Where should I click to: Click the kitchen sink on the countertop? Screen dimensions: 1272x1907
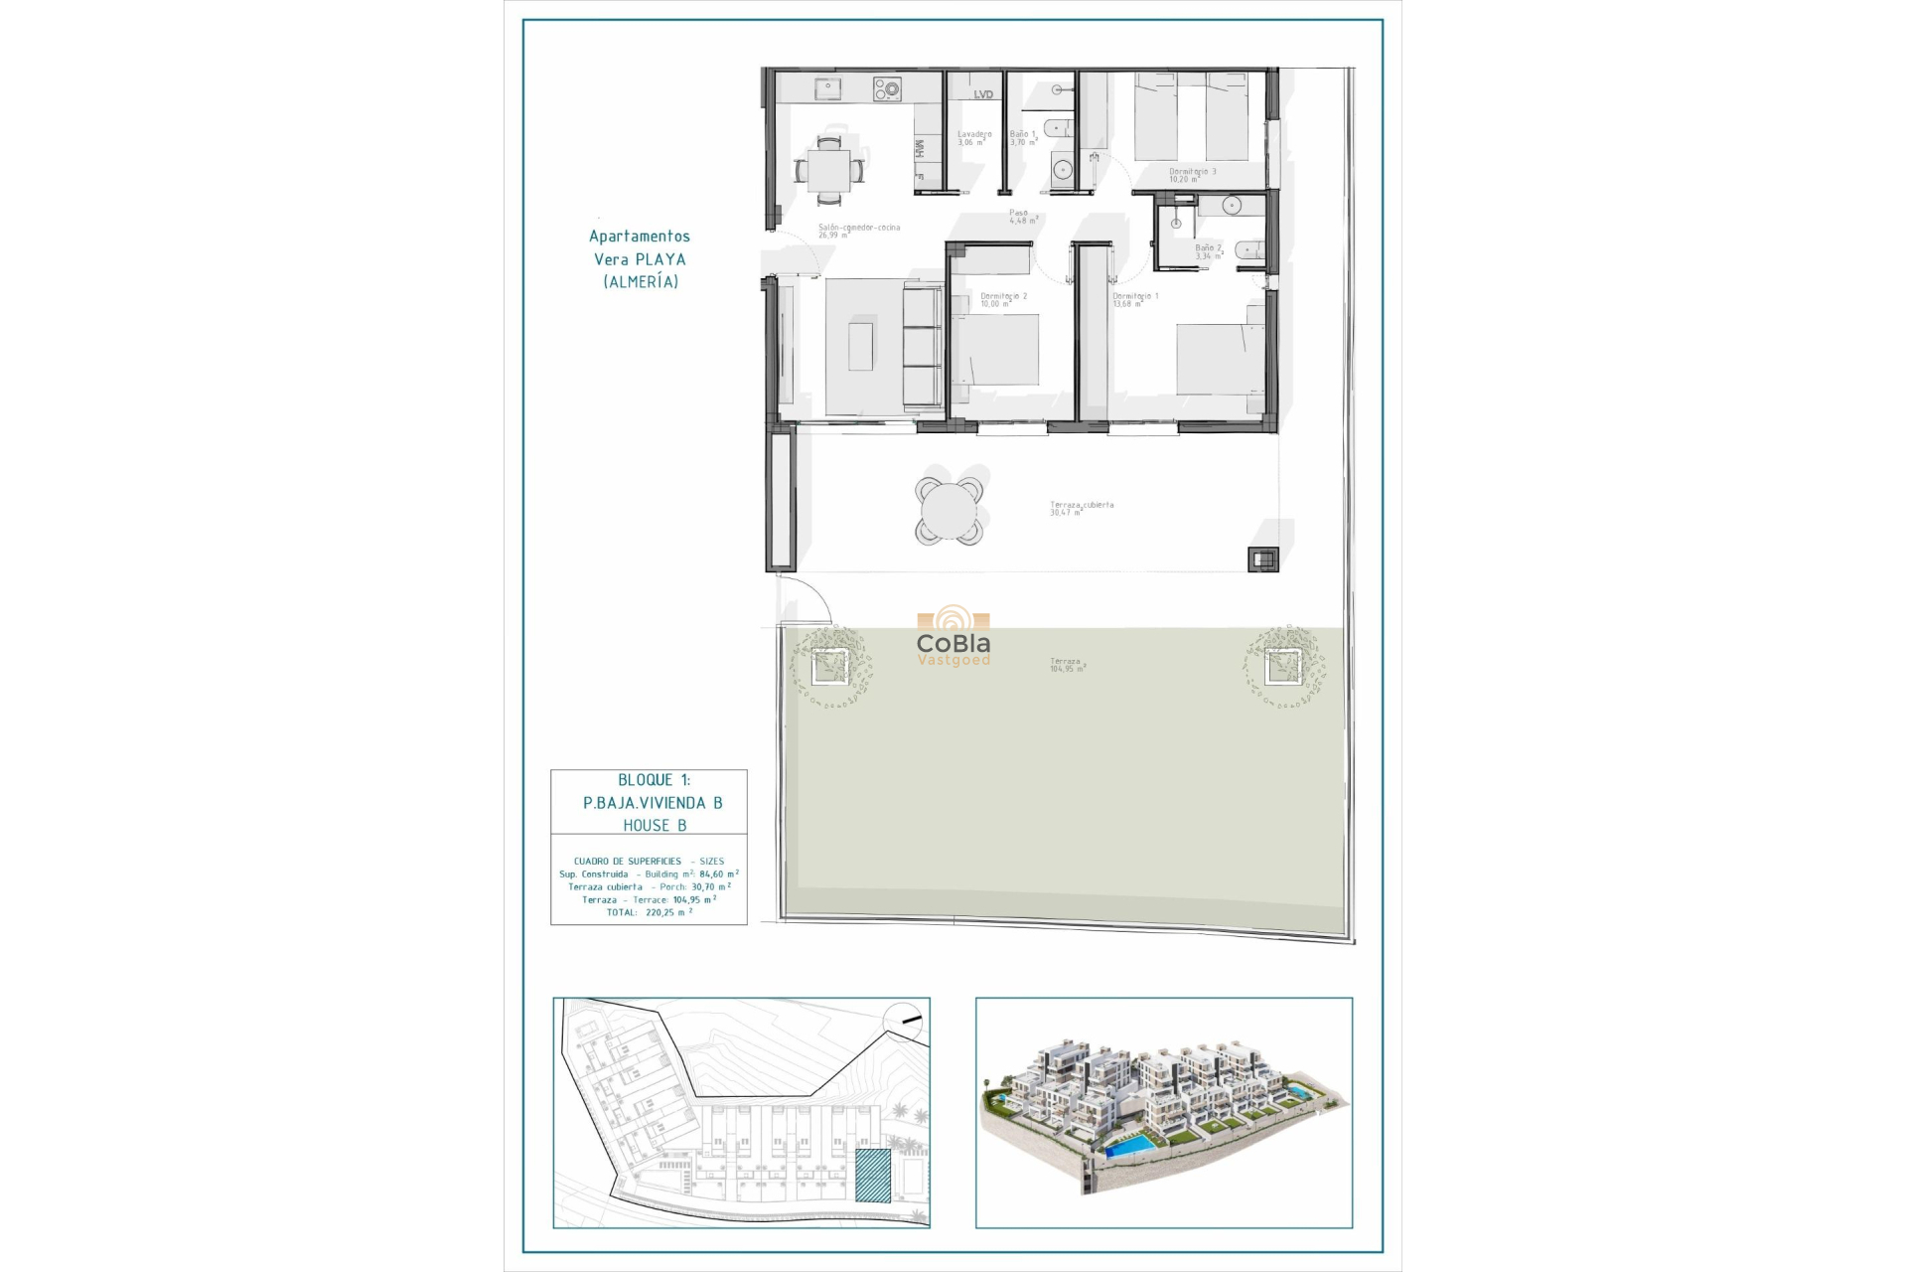[x=828, y=90]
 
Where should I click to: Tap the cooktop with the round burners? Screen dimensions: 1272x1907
[x=887, y=90]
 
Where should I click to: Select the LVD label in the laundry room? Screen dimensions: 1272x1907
[x=983, y=95]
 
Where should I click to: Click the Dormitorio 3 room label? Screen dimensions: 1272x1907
[x=1192, y=175]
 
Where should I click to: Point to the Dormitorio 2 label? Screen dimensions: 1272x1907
[x=1003, y=299]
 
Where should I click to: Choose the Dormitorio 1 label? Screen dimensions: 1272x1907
[x=1135, y=299]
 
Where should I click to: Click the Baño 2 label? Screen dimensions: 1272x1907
[x=1208, y=251]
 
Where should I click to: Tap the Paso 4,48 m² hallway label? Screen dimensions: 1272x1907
[x=1023, y=217]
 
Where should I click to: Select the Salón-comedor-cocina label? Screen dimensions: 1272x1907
[x=858, y=231]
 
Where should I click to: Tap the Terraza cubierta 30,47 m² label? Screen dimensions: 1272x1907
[x=1081, y=508]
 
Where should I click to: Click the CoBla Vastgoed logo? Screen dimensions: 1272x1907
[x=953, y=637]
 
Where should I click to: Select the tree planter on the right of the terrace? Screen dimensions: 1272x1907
[x=1282, y=666]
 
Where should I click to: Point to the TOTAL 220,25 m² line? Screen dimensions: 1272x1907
[x=649, y=912]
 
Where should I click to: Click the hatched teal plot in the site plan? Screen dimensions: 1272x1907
[x=872, y=1176]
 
